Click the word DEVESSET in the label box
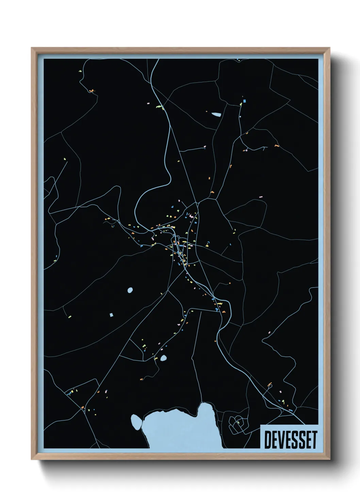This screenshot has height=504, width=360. [290, 440]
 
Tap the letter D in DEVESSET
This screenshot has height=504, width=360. [267, 440]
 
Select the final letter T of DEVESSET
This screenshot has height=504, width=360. [314, 440]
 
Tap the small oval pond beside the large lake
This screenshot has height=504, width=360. [136, 422]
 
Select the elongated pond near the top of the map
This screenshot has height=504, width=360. [216, 114]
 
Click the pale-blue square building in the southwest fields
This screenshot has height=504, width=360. [111, 315]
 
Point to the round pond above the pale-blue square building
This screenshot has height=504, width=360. [130, 290]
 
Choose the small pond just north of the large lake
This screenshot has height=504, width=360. [163, 358]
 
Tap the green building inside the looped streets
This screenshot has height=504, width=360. [238, 423]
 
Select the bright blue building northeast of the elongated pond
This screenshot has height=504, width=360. [244, 101]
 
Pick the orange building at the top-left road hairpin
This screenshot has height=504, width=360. [91, 91]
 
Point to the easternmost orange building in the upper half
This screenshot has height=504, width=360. [276, 146]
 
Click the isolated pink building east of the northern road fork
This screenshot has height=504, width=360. [261, 196]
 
